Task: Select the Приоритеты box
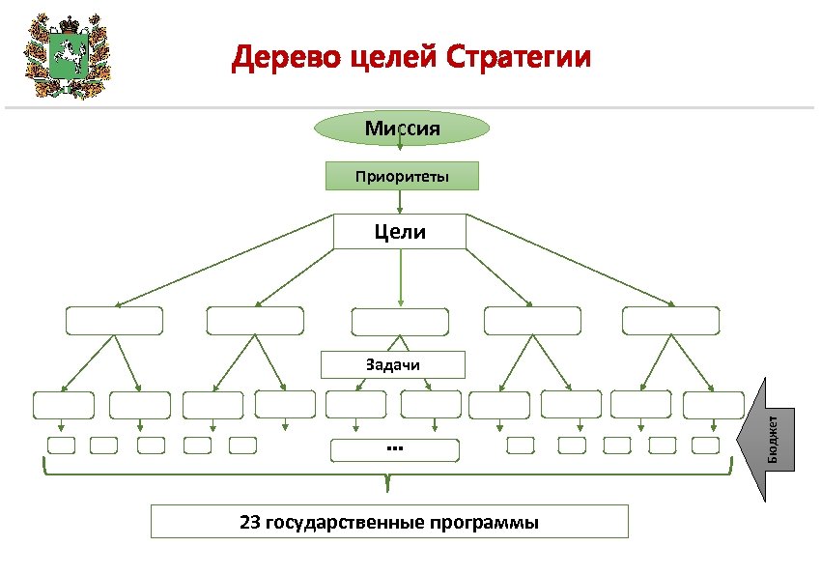click(401, 176)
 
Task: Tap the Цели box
click(400, 232)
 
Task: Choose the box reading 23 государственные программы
click(389, 522)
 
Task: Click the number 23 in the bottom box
click(250, 523)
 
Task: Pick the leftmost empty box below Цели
click(114, 321)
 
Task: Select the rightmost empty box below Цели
click(671, 321)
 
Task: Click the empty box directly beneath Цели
click(400, 322)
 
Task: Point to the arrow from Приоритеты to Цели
click(400, 202)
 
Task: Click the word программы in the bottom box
click(488, 523)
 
